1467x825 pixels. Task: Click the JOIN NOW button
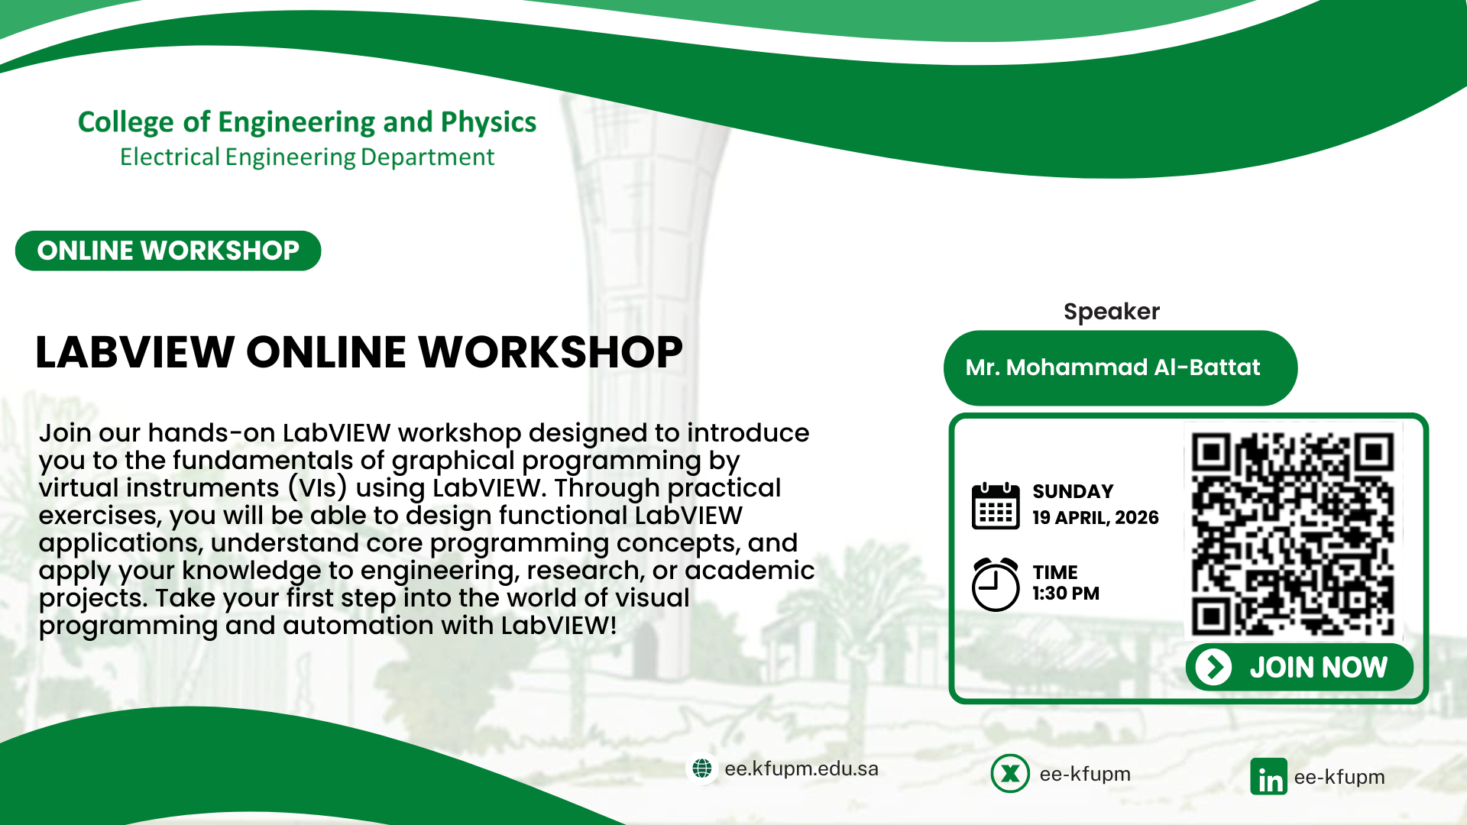tap(1299, 667)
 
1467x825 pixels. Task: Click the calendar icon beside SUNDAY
tap(996, 506)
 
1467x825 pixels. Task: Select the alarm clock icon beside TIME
tap(996, 584)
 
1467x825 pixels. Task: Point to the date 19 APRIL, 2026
tap(1096, 518)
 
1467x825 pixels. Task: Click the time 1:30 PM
tap(1066, 594)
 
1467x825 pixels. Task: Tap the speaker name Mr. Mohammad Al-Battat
tap(1112, 367)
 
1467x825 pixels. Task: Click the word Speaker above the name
tap(1112, 312)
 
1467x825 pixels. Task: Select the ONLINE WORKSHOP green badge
tap(168, 251)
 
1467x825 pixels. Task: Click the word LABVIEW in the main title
tap(134, 352)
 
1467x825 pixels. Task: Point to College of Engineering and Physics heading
tap(307, 122)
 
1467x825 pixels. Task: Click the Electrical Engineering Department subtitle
tap(307, 157)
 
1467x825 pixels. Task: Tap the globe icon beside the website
tap(702, 768)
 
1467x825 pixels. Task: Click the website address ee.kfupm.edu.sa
tap(802, 768)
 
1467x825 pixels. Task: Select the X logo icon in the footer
tap(1010, 774)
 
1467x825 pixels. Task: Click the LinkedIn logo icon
tap(1269, 777)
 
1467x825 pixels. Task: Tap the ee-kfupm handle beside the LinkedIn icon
tap(1339, 777)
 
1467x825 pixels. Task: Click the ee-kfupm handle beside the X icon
tap(1085, 774)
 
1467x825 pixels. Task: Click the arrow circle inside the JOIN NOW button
tap(1213, 667)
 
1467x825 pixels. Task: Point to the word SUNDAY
tap(1073, 491)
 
